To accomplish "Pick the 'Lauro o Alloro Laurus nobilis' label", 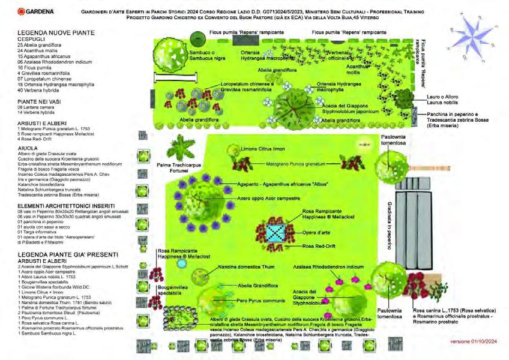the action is point(435,100).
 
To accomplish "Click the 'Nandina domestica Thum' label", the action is point(234,266).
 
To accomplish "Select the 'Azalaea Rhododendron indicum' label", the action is point(328,265).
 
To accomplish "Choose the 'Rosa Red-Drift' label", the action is point(318,247).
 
